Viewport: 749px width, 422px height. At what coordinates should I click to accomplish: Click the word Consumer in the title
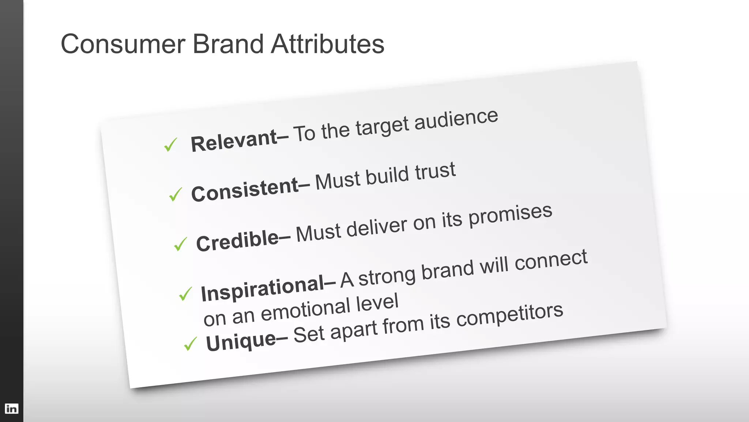pos(123,44)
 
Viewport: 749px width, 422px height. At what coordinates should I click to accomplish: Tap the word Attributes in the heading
pos(327,44)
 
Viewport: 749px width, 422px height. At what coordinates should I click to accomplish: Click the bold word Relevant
pos(234,141)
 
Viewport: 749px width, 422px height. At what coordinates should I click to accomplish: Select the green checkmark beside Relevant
pos(170,145)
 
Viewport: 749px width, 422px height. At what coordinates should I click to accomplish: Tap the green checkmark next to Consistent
pos(176,194)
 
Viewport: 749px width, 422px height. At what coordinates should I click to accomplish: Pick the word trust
pos(435,172)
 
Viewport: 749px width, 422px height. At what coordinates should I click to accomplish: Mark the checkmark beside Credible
pos(180,244)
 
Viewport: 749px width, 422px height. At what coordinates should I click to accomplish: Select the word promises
pos(511,216)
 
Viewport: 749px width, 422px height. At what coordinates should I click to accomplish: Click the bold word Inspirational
pos(263,289)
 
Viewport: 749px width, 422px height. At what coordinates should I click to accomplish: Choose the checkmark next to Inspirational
pos(185,294)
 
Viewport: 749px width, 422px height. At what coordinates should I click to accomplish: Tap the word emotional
pos(305,310)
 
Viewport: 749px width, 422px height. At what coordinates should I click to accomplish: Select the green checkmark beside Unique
pos(191,344)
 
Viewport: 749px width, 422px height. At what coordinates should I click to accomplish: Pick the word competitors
pos(509,316)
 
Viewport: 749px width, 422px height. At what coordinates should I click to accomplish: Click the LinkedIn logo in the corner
pos(11,408)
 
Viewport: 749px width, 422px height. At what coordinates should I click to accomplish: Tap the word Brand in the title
pos(228,44)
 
